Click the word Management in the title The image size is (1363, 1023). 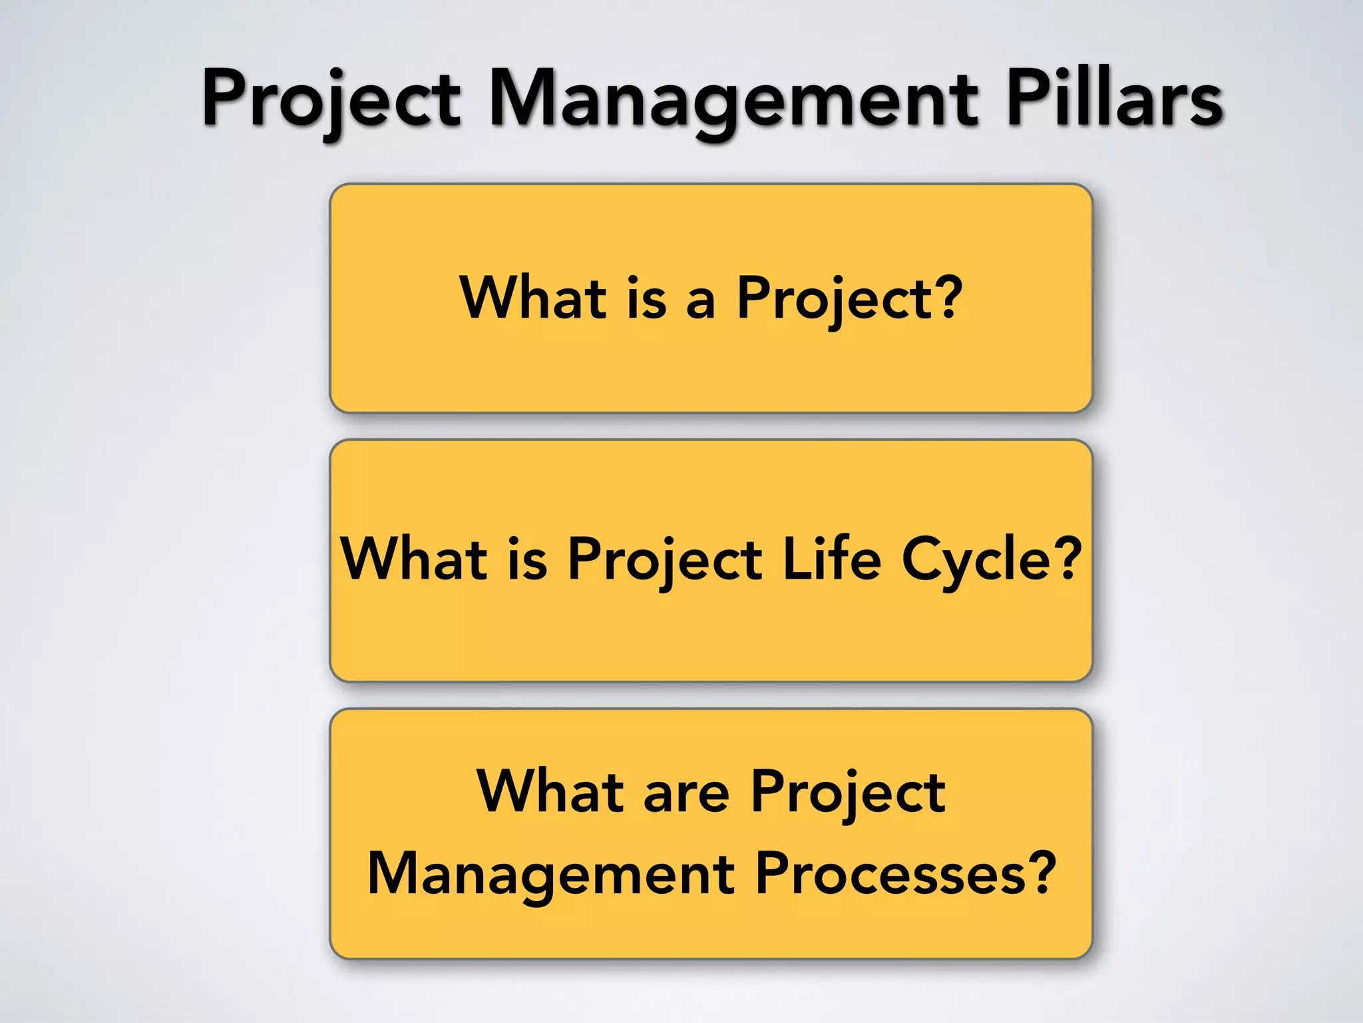pyautogui.click(x=732, y=100)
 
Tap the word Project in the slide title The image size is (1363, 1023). pyautogui.click(x=331, y=100)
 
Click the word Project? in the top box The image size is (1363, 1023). pyautogui.click(x=849, y=298)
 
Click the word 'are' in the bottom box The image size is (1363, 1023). pyautogui.click(x=686, y=793)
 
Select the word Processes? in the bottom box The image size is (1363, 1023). pyautogui.click(x=905, y=873)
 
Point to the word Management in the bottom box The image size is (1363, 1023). pyautogui.click(x=551, y=874)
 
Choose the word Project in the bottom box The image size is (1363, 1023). pyautogui.click(x=848, y=793)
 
